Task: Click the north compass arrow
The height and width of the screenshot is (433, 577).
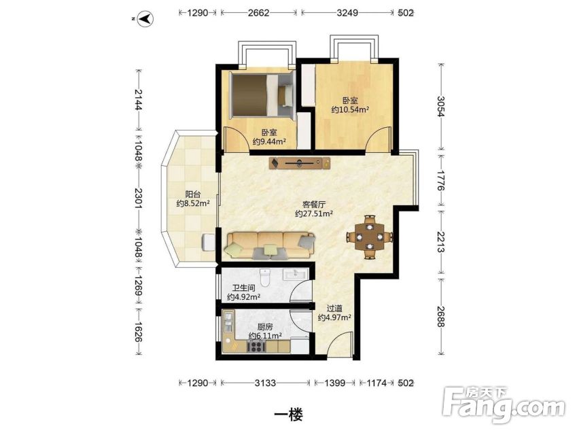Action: point(145,18)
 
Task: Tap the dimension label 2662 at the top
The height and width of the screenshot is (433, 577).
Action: point(258,13)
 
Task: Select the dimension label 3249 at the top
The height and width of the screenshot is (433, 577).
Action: point(347,13)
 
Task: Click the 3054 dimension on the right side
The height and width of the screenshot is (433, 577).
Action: point(441,106)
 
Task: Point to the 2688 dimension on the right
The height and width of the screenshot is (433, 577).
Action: point(441,316)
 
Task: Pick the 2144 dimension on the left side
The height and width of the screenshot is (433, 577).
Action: point(139,99)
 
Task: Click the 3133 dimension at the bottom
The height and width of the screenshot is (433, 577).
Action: point(265,383)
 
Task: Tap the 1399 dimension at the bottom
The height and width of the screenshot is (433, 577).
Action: point(335,383)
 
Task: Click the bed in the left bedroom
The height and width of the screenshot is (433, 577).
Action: point(262,95)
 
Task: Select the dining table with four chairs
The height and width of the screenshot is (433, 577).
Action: point(370,237)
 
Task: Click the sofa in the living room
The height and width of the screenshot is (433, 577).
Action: point(270,245)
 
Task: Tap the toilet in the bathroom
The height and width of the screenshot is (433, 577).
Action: point(265,277)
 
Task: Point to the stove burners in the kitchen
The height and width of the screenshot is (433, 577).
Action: point(256,347)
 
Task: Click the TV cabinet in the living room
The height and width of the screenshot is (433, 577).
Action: point(300,162)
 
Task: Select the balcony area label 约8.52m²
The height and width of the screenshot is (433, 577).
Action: point(193,203)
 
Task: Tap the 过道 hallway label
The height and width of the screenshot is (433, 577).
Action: point(334,308)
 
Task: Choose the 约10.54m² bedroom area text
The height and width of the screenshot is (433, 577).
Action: point(350,109)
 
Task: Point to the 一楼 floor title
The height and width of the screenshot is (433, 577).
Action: point(289,415)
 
